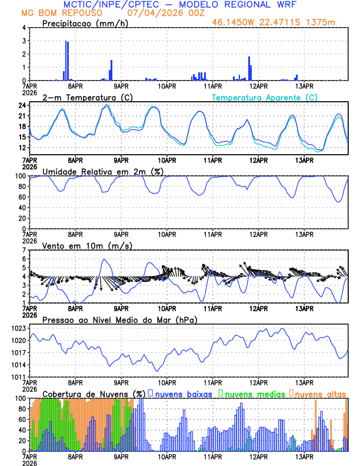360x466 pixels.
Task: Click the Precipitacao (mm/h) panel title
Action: [85, 23]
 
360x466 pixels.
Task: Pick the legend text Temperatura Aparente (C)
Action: [264, 97]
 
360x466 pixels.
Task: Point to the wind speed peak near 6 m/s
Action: [104, 259]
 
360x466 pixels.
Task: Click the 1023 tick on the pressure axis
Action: [17, 328]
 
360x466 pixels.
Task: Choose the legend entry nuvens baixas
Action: [182, 393]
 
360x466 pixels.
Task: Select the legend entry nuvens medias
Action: [252, 393]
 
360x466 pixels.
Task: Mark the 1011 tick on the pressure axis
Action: [17, 377]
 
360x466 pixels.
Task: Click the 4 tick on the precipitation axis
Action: [23, 28]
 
